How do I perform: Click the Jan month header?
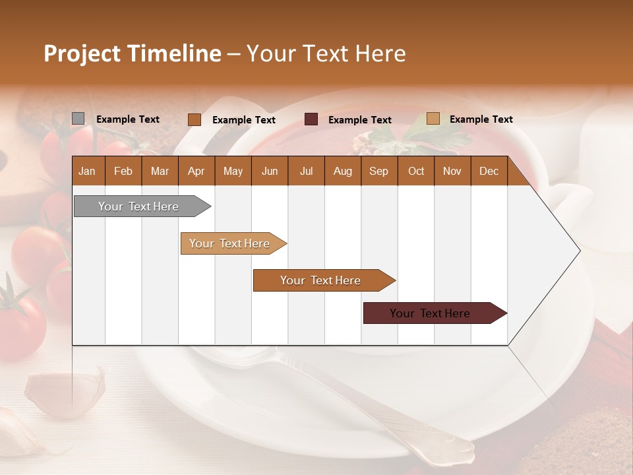point(87,171)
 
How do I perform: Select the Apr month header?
point(196,171)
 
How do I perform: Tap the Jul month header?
point(306,171)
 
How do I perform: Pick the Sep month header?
point(378,171)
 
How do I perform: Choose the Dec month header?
point(489,171)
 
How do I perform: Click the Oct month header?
point(415,171)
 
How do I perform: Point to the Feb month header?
point(123,171)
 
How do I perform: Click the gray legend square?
point(78,119)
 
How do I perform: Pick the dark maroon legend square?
point(311,119)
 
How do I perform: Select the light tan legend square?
point(433,119)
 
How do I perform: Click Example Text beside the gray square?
point(127,119)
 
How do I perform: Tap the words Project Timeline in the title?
point(132,53)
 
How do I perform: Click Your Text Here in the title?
point(326,53)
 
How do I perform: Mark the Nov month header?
point(452,171)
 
